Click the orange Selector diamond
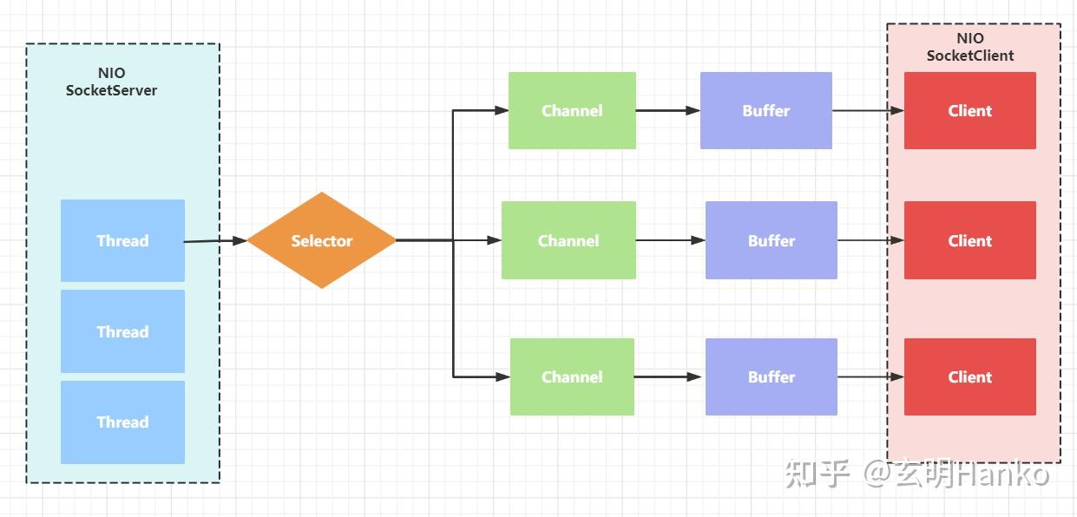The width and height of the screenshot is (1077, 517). (322, 240)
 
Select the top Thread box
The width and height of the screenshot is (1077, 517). (122, 240)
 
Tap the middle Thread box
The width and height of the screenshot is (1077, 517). (122, 331)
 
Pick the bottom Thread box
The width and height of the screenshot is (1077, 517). (122, 422)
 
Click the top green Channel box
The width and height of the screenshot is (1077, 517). (572, 110)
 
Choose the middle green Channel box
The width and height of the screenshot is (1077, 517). (568, 240)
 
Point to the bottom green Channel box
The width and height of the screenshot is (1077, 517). (572, 376)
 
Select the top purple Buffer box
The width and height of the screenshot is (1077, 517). (766, 110)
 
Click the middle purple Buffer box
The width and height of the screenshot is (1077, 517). (772, 240)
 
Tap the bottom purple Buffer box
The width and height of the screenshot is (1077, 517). (772, 376)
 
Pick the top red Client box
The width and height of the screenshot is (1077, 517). (970, 110)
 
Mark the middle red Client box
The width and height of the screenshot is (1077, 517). (970, 240)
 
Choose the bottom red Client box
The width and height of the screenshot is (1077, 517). (970, 376)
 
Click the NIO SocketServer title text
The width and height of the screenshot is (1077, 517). (112, 82)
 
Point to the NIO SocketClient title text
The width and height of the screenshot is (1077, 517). (970, 47)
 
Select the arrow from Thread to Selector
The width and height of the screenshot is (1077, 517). (215, 241)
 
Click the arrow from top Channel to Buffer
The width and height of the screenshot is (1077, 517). (668, 110)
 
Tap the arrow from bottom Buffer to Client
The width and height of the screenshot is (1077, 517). (870, 376)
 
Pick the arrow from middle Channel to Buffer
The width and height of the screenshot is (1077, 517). (671, 240)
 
